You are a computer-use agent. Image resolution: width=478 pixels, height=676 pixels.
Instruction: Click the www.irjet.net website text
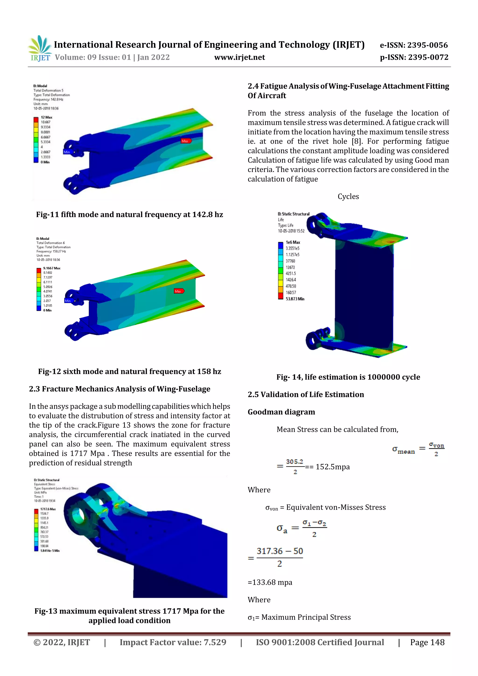click(x=239, y=57)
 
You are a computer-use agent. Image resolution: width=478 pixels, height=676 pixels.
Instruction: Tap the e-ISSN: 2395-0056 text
click(x=414, y=45)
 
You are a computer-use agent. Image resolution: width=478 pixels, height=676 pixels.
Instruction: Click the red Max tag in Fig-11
click(x=186, y=141)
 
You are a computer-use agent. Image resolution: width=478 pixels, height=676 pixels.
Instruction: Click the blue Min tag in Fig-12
click(x=68, y=301)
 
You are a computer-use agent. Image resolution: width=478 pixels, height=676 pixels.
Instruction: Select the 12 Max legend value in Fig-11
click(x=46, y=117)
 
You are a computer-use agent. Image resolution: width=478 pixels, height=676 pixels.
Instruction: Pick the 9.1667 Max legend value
click(x=52, y=268)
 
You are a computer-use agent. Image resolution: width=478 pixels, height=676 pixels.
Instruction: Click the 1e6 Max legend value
click(x=292, y=242)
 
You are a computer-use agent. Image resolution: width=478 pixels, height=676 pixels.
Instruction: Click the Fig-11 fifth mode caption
click(x=130, y=214)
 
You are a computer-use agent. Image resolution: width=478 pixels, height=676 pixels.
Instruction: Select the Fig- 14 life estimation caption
click(x=348, y=377)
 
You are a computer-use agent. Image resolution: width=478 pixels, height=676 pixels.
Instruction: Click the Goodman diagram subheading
click(x=281, y=412)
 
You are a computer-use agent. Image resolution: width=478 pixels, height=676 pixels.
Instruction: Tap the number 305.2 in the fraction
click(x=295, y=461)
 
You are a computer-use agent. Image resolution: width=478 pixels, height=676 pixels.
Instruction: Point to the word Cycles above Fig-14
click(x=348, y=196)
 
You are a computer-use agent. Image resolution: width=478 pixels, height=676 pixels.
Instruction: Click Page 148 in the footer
click(x=427, y=642)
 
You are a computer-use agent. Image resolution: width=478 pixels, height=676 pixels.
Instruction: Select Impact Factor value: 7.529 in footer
click(x=173, y=642)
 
